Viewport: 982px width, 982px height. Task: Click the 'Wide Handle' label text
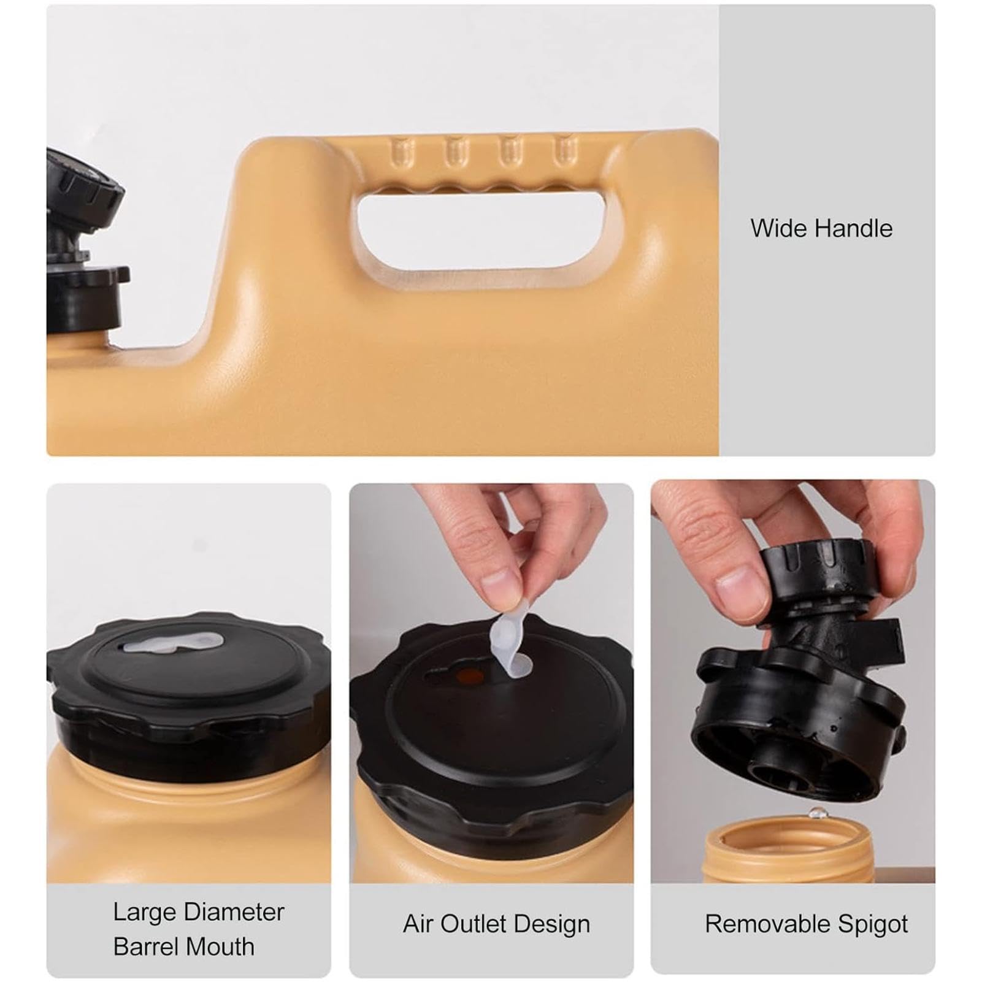821,229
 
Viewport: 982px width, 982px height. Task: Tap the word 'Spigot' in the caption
870,924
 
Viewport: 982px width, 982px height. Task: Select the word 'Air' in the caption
418,924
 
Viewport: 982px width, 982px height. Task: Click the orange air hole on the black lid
471,677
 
